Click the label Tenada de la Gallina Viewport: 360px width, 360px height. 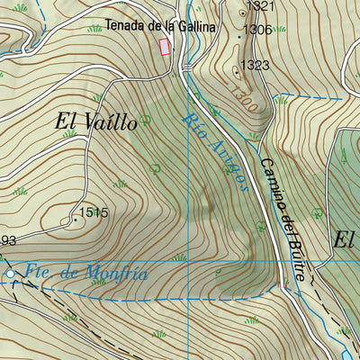(159, 26)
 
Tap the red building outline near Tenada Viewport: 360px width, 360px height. (165, 47)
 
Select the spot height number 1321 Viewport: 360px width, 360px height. (259, 7)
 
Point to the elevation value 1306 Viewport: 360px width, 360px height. (257, 30)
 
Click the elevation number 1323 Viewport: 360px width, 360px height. (256, 65)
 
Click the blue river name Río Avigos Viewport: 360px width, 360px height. (215, 152)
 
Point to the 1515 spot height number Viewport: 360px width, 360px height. (94, 213)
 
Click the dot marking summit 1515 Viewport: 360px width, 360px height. (74, 217)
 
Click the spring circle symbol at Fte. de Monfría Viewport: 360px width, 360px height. (11, 273)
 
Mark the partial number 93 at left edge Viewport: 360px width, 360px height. (8, 240)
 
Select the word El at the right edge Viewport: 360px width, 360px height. (346, 239)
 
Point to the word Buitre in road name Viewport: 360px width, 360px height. (291, 252)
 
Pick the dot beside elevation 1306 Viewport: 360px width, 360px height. (238, 31)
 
